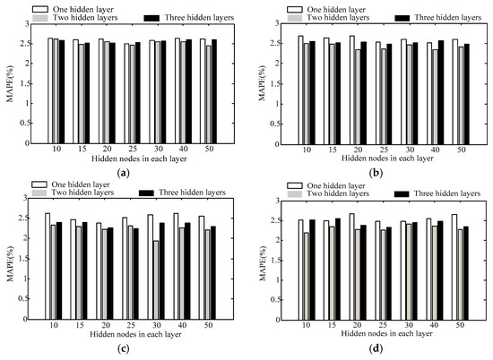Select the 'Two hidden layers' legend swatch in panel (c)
pyautogui.click(x=38, y=193)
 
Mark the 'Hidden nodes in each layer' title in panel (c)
pyautogui.click(x=131, y=338)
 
